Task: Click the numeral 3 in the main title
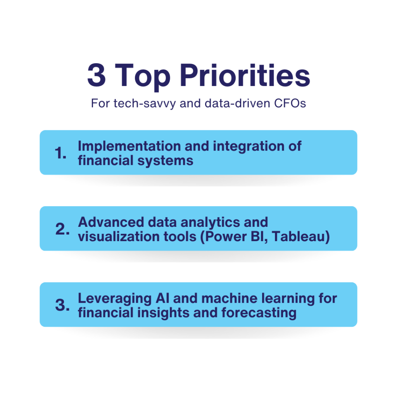97,75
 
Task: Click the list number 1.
60,153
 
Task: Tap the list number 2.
62,229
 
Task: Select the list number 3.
62,305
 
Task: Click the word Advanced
111,222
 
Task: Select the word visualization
119,236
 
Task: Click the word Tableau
301,237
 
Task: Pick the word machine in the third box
230,298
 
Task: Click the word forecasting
259,313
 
